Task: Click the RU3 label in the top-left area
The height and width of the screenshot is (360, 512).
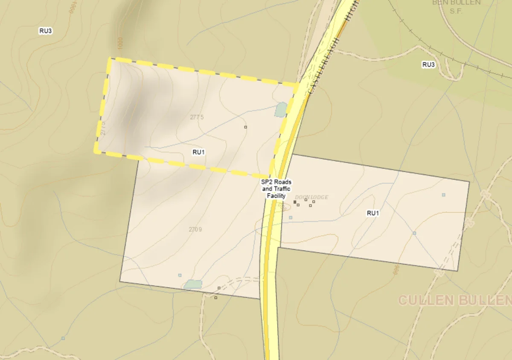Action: (46, 31)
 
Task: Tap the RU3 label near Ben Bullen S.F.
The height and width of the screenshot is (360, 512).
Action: (428, 65)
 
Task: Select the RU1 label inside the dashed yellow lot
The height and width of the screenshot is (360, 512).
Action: (199, 152)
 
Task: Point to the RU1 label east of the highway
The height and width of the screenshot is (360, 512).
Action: (373, 213)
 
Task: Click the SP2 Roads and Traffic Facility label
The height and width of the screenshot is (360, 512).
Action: (276, 189)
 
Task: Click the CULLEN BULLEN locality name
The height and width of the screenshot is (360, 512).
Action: (455, 300)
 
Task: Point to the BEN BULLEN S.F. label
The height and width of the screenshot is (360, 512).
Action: (457, 5)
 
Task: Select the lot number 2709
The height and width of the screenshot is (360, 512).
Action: (195, 229)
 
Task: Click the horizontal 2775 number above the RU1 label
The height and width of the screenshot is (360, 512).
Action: (197, 117)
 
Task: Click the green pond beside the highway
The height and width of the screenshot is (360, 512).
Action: (281, 110)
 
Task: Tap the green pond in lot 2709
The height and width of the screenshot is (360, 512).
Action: (193, 284)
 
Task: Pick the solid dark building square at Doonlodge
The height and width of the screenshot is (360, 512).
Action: (295, 202)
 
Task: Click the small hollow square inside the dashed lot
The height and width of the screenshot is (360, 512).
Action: (245, 127)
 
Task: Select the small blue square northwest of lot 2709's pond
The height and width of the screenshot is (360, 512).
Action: (180, 275)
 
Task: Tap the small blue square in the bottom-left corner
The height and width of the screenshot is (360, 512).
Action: (63, 338)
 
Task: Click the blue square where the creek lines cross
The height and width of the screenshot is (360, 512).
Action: (414, 233)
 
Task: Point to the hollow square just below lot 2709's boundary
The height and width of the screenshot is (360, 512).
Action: (216, 298)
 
